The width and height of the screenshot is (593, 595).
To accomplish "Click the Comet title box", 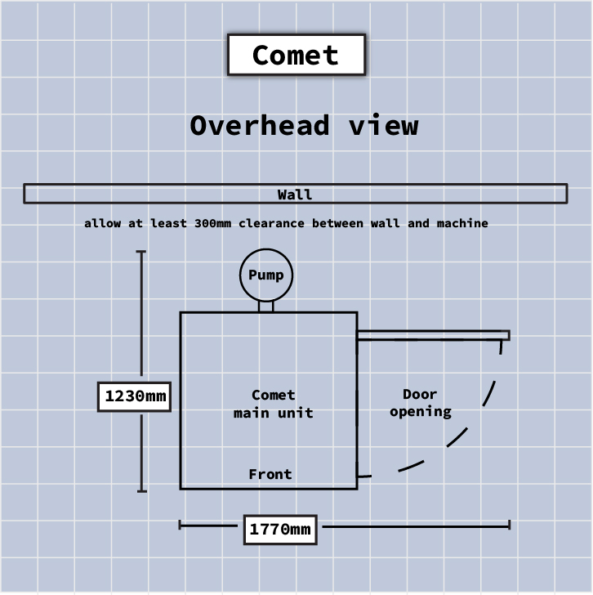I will tap(296, 56).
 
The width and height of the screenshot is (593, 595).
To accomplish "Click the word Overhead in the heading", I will tap(260, 126).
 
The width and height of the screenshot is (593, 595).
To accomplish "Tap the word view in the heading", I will tap(383, 126).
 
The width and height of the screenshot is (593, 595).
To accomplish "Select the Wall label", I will tap(295, 195).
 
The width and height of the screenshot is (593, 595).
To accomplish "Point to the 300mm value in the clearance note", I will tap(213, 223).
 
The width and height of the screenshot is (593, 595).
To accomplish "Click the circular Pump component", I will tap(266, 275).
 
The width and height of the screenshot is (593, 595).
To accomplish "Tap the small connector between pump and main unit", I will tap(266, 306).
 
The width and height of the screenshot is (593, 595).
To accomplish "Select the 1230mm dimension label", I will tap(135, 397).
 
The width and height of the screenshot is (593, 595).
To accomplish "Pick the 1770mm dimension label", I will tap(280, 530).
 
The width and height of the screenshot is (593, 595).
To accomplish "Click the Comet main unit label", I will tap(273, 404).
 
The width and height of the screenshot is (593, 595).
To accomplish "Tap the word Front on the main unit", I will tap(270, 474).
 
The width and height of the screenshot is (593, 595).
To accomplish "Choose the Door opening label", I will tap(420, 403).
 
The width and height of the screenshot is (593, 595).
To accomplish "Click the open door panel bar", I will tap(433, 335).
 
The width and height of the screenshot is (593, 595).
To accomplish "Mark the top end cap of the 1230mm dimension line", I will tap(141, 252).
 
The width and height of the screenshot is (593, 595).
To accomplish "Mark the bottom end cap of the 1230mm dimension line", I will tap(141, 491).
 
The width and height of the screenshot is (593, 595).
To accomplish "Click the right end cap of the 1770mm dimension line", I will tap(510, 525).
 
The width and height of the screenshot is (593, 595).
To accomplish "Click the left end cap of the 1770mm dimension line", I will tap(180, 525).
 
